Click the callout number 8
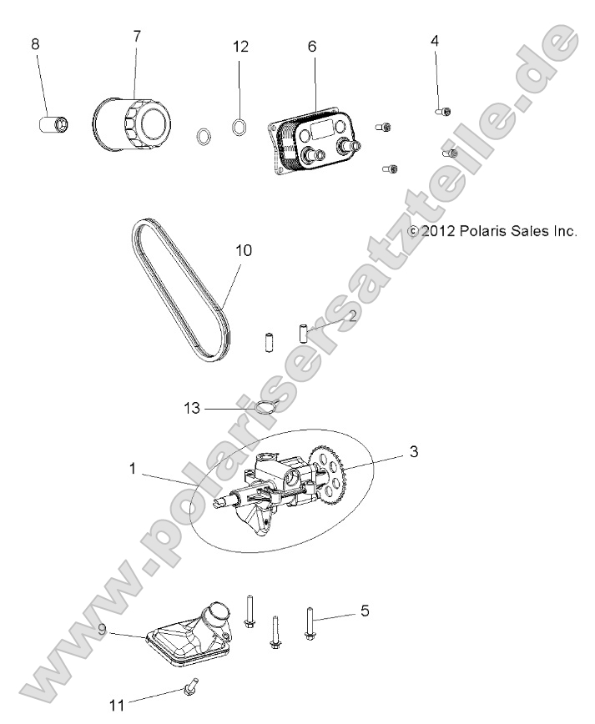[35, 44]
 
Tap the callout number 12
[240, 47]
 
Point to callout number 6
[312, 47]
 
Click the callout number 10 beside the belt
[245, 250]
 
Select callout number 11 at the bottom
[117, 706]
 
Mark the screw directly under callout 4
[443, 108]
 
